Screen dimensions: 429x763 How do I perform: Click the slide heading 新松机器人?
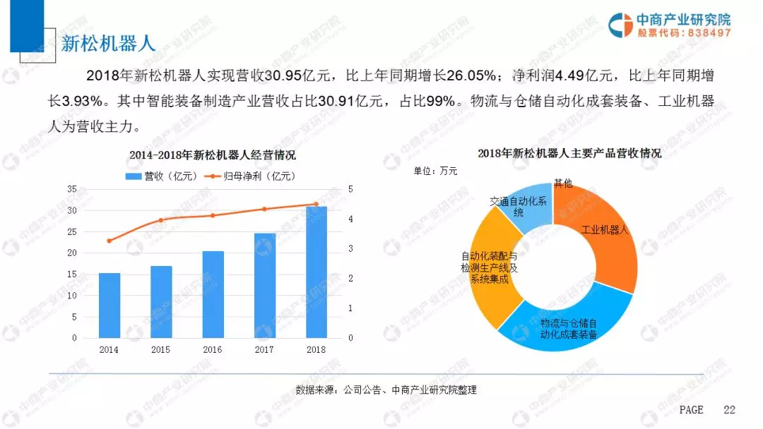(107, 43)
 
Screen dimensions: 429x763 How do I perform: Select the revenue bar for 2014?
(109, 305)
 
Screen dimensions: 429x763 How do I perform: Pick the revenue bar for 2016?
(213, 294)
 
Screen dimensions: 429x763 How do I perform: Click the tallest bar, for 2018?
(316, 272)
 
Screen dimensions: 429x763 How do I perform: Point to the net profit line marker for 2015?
(160, 220)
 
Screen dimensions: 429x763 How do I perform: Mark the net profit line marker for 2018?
(316, 204)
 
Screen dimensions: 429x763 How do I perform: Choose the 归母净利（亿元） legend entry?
(250, 176)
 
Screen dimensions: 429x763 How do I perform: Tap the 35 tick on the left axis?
(71, 189)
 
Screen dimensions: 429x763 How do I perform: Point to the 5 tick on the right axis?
(350, 189)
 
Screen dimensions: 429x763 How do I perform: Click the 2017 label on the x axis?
(264, 349)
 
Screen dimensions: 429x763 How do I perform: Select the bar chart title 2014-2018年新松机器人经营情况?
(212, 155)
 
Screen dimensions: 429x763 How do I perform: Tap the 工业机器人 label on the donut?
(609, 230)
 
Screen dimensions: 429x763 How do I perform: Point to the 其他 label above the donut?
(563, 183)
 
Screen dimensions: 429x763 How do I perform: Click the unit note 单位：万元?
(435, 171)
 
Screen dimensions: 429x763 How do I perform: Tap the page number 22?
(730, 410)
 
